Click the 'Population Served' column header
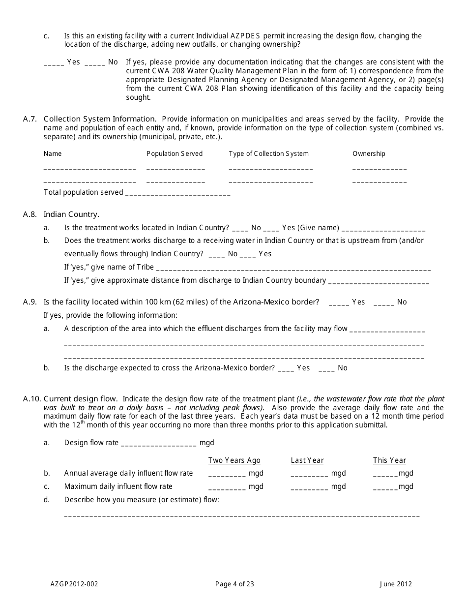pyautogui.click(x=175, y=153)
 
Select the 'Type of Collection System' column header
pyautogui.click(x=268, y=153)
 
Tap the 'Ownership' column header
pyautogui.click(x=369, y=153)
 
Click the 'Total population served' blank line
pyautogui.click(x=178, y=193)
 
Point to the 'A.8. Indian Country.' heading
pyautogui.click(x=71, y=214)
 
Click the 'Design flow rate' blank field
pyautogui.click(x=158, y=444)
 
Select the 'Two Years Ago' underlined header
pyautogui.click(x=234, y=460)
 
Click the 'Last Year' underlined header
pyautogui.click(x=307, y=460)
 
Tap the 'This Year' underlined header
pyautogui.click(x=389, y=460)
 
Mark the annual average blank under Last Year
pyautogui.click(x=309, y=474)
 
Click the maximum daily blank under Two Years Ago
pyautogui.click(x=227, y=487)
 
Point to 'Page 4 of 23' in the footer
pyautogui.click(x=234, y=584)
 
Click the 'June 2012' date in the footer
pyautogui.click(x=396, y=584)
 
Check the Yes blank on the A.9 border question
pyautogui.click(x=339, y=303)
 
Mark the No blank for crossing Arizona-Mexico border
pyautogui.click(x=326, y=369)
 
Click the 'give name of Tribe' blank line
pyautogui.click(x=293, y=269)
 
